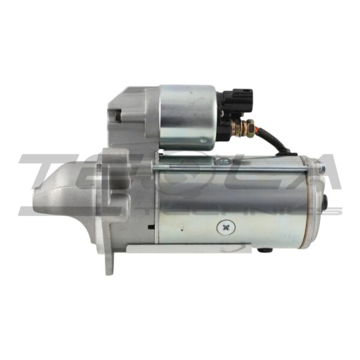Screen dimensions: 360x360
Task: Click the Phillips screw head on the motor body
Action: click(226, 226)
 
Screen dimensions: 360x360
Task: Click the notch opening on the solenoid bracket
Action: click(118, 116)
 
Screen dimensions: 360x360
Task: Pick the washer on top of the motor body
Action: click(223, 160)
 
